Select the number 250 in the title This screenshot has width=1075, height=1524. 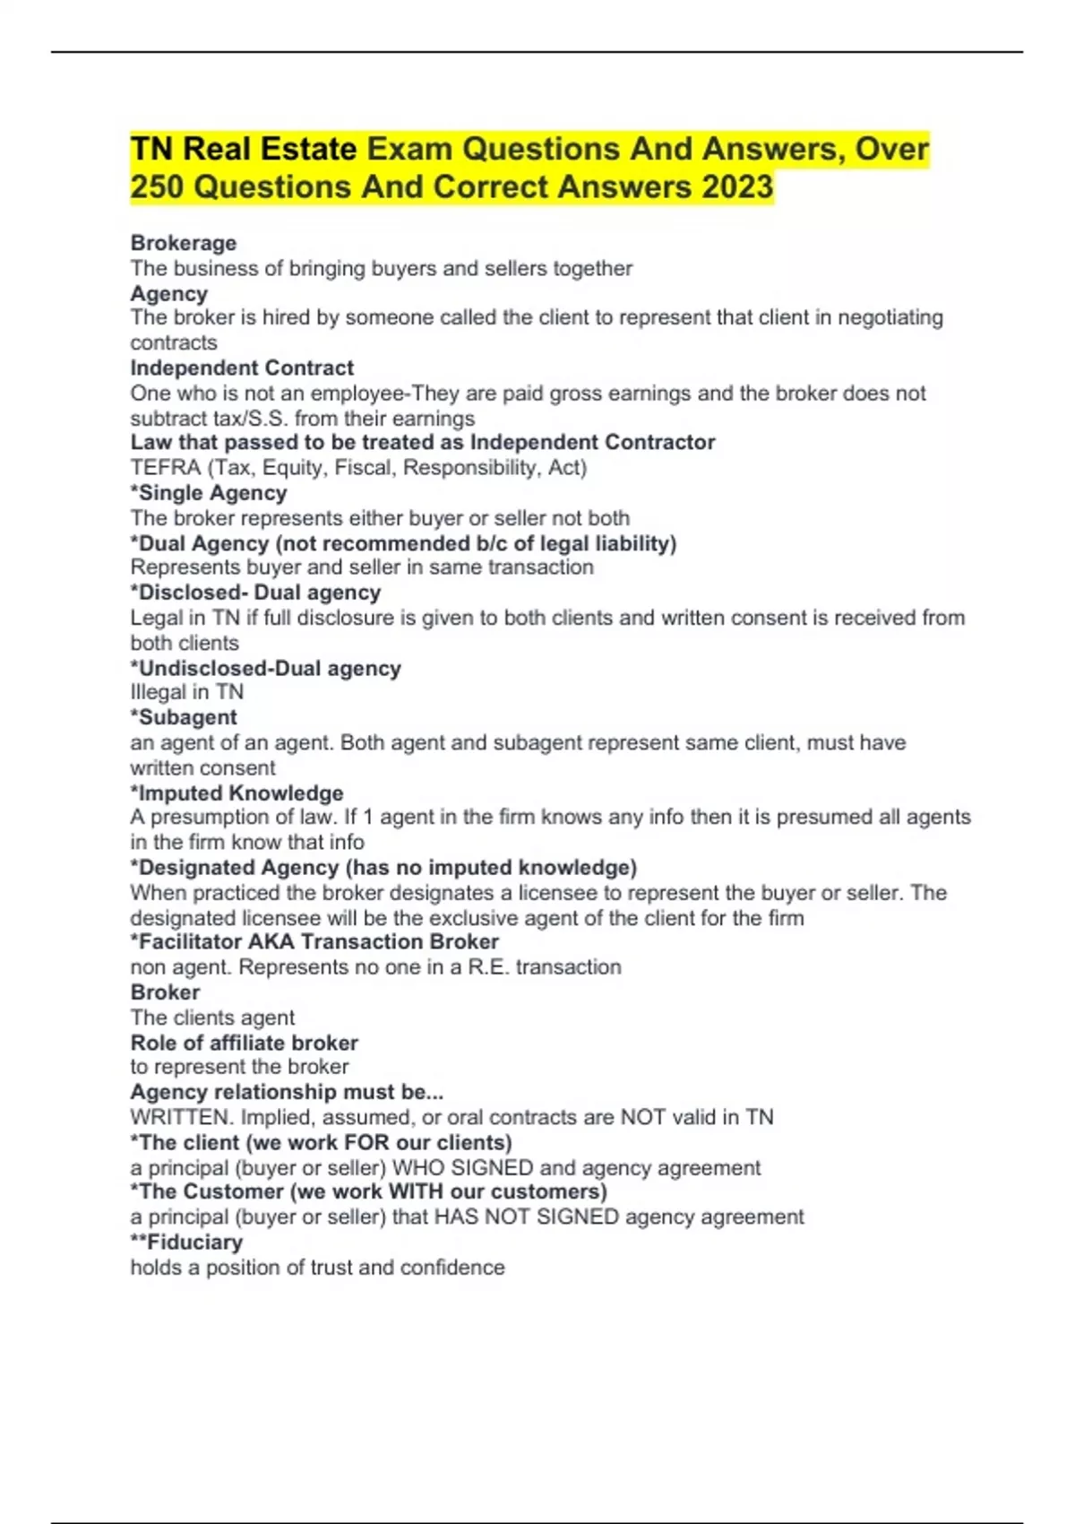(157, 186)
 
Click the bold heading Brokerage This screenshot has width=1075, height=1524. (184, 243)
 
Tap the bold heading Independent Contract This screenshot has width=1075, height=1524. (242, 368)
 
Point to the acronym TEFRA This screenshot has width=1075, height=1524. (166, 467)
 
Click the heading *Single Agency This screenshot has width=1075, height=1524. (209, 493)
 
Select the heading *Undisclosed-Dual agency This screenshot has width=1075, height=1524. (265, 668)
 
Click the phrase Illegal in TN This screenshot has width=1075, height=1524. (186, 692)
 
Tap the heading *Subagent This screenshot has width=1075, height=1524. (184, 717)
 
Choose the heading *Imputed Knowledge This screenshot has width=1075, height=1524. (236, 792)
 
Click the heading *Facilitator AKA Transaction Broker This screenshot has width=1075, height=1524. (314, 941)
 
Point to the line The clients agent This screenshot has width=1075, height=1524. (212, 1017)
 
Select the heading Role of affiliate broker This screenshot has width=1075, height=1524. (244, 1043)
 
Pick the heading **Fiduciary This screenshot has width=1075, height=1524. (186, 1242)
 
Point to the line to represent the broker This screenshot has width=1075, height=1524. (239, 1067)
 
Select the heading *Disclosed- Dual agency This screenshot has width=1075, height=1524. (255, 593)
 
